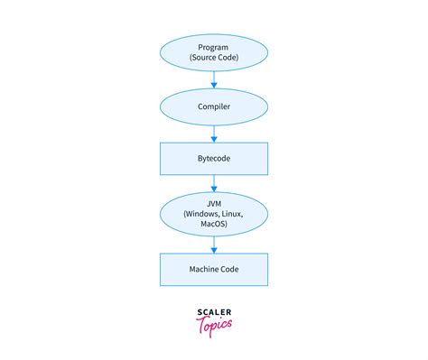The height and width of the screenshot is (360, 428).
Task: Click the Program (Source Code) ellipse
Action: pos(214,52)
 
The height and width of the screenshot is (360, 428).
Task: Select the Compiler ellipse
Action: pos(214,106)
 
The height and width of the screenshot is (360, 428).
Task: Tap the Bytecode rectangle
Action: pos(214,159)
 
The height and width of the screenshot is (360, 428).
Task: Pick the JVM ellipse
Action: pos(214,215)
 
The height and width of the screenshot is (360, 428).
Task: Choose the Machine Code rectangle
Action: pos(214,269)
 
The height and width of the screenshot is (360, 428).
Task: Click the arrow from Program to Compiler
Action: pos(214,80)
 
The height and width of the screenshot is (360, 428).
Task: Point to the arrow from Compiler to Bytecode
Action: pos(214,134)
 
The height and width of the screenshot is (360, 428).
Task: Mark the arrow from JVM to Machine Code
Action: pos(214,244)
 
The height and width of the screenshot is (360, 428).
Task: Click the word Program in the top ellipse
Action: pos(214,47)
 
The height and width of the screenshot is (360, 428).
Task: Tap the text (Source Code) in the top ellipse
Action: pos(214,59)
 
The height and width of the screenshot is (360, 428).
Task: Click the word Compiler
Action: pos(214,106)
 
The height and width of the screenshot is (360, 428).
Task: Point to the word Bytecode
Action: pos(214,159)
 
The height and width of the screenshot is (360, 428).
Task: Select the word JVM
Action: pos(214,203)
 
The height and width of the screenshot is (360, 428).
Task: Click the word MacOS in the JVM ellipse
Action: pos(214,226)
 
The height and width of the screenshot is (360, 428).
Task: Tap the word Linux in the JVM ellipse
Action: pos(234,215)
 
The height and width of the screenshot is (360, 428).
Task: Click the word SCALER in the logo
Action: pos(214,313)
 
